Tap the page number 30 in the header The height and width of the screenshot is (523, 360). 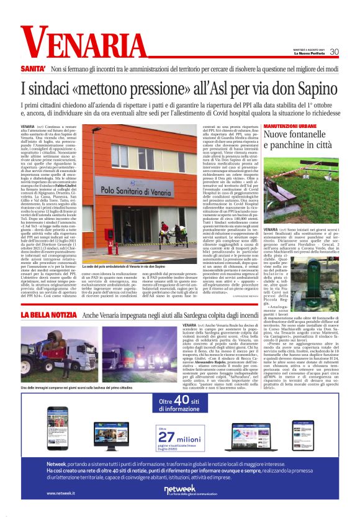(x=333, y=52)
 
